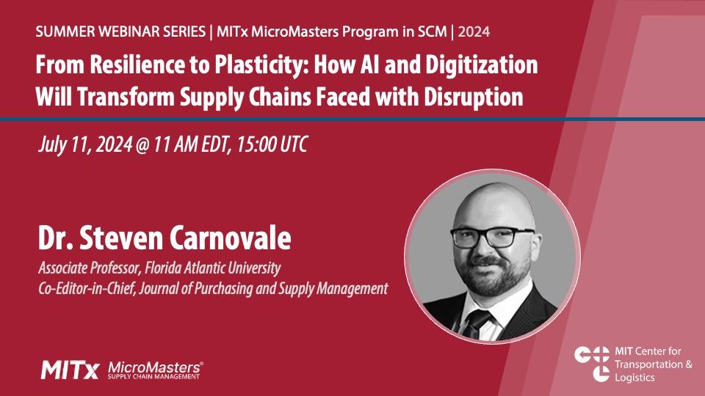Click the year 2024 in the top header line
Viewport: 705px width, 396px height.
474,32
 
